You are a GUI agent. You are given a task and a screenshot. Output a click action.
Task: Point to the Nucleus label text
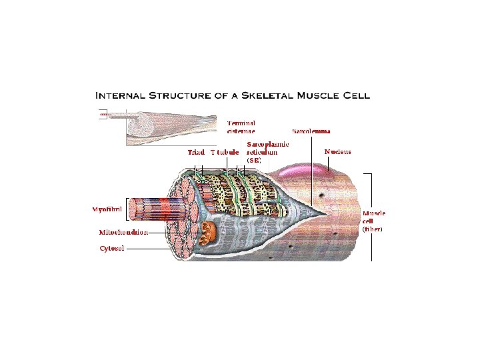click(x=337, y=152)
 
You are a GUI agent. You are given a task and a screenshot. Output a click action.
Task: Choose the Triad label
click(x=195, y=152)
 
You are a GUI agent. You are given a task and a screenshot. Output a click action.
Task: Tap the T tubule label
click(x=225, y=152)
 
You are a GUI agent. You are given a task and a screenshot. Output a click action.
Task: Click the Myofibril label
click(x=107, y=209)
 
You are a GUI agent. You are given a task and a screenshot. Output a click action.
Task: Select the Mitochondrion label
click(x=123, y=233)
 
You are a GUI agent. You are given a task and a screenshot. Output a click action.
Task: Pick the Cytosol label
click(x=111, y=248)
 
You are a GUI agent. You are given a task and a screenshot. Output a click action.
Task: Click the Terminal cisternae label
click(x=241, y=127)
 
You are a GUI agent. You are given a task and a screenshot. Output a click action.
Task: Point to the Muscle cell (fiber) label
click(x=373, y=221)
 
